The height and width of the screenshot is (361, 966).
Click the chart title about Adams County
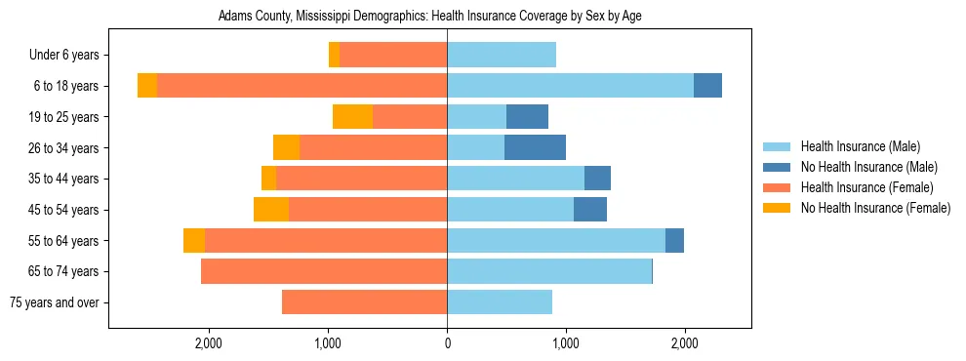point(429,17)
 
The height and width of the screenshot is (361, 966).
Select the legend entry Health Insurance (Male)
point(860,146)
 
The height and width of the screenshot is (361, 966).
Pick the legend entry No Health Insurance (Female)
point(875,208)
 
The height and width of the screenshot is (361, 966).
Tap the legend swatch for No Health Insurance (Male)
point(778,167)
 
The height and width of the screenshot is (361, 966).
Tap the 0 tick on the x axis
point(447,343)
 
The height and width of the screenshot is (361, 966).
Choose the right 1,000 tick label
point(566,343)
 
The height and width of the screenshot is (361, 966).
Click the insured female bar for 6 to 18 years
point(302,86)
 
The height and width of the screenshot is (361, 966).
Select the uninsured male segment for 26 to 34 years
point(535,147)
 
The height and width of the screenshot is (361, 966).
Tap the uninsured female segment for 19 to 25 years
point(352,117)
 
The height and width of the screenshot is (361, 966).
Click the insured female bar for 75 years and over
point(364,302)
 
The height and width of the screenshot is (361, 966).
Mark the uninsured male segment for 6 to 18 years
point(707,86)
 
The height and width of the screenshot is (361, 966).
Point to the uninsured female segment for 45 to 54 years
point(271,210)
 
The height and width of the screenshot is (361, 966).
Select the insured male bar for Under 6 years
point(502,56)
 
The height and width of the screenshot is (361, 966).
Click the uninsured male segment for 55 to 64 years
point(674,241)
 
